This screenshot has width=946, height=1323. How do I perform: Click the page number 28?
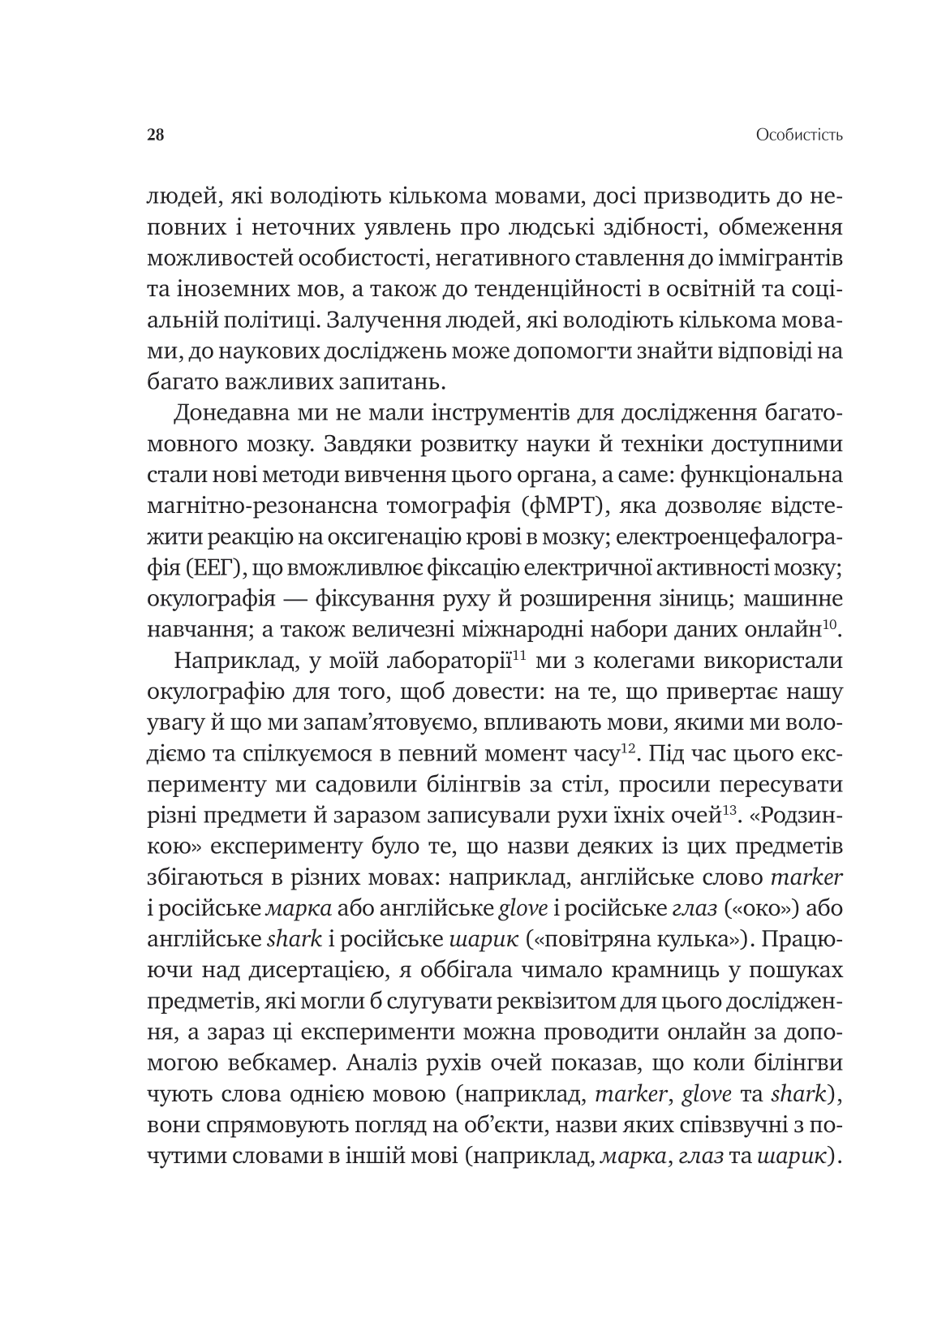[156, 135]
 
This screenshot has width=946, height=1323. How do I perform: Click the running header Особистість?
[798, 135]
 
